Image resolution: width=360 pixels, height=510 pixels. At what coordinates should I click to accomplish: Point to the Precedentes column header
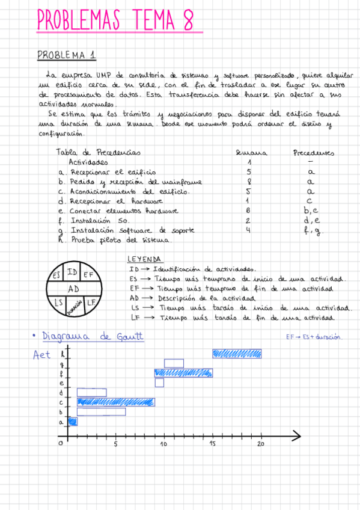[x=313, y=153]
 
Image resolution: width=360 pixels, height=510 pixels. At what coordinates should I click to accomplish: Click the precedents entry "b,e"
[x=310, y=210]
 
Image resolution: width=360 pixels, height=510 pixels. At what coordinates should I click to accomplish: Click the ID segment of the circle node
[x=73, y=272]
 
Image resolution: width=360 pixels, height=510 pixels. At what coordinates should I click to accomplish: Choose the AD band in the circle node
[x=73, y=289]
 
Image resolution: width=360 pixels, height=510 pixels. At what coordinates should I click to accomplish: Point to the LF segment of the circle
[x=91, y=302]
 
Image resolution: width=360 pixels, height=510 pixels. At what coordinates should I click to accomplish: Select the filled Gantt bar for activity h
[x=237, y=354]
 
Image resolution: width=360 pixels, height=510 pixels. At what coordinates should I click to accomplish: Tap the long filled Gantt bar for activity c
[x=115, y=402]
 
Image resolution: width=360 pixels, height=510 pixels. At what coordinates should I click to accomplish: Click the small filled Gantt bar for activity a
[x=73, y=422]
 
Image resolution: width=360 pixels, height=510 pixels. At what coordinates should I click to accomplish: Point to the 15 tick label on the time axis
[x=212, y=444]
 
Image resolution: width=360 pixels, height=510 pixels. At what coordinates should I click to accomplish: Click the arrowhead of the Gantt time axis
[x=296, y=433]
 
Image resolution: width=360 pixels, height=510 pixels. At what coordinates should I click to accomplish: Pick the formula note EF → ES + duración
[x=314, y=337]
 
